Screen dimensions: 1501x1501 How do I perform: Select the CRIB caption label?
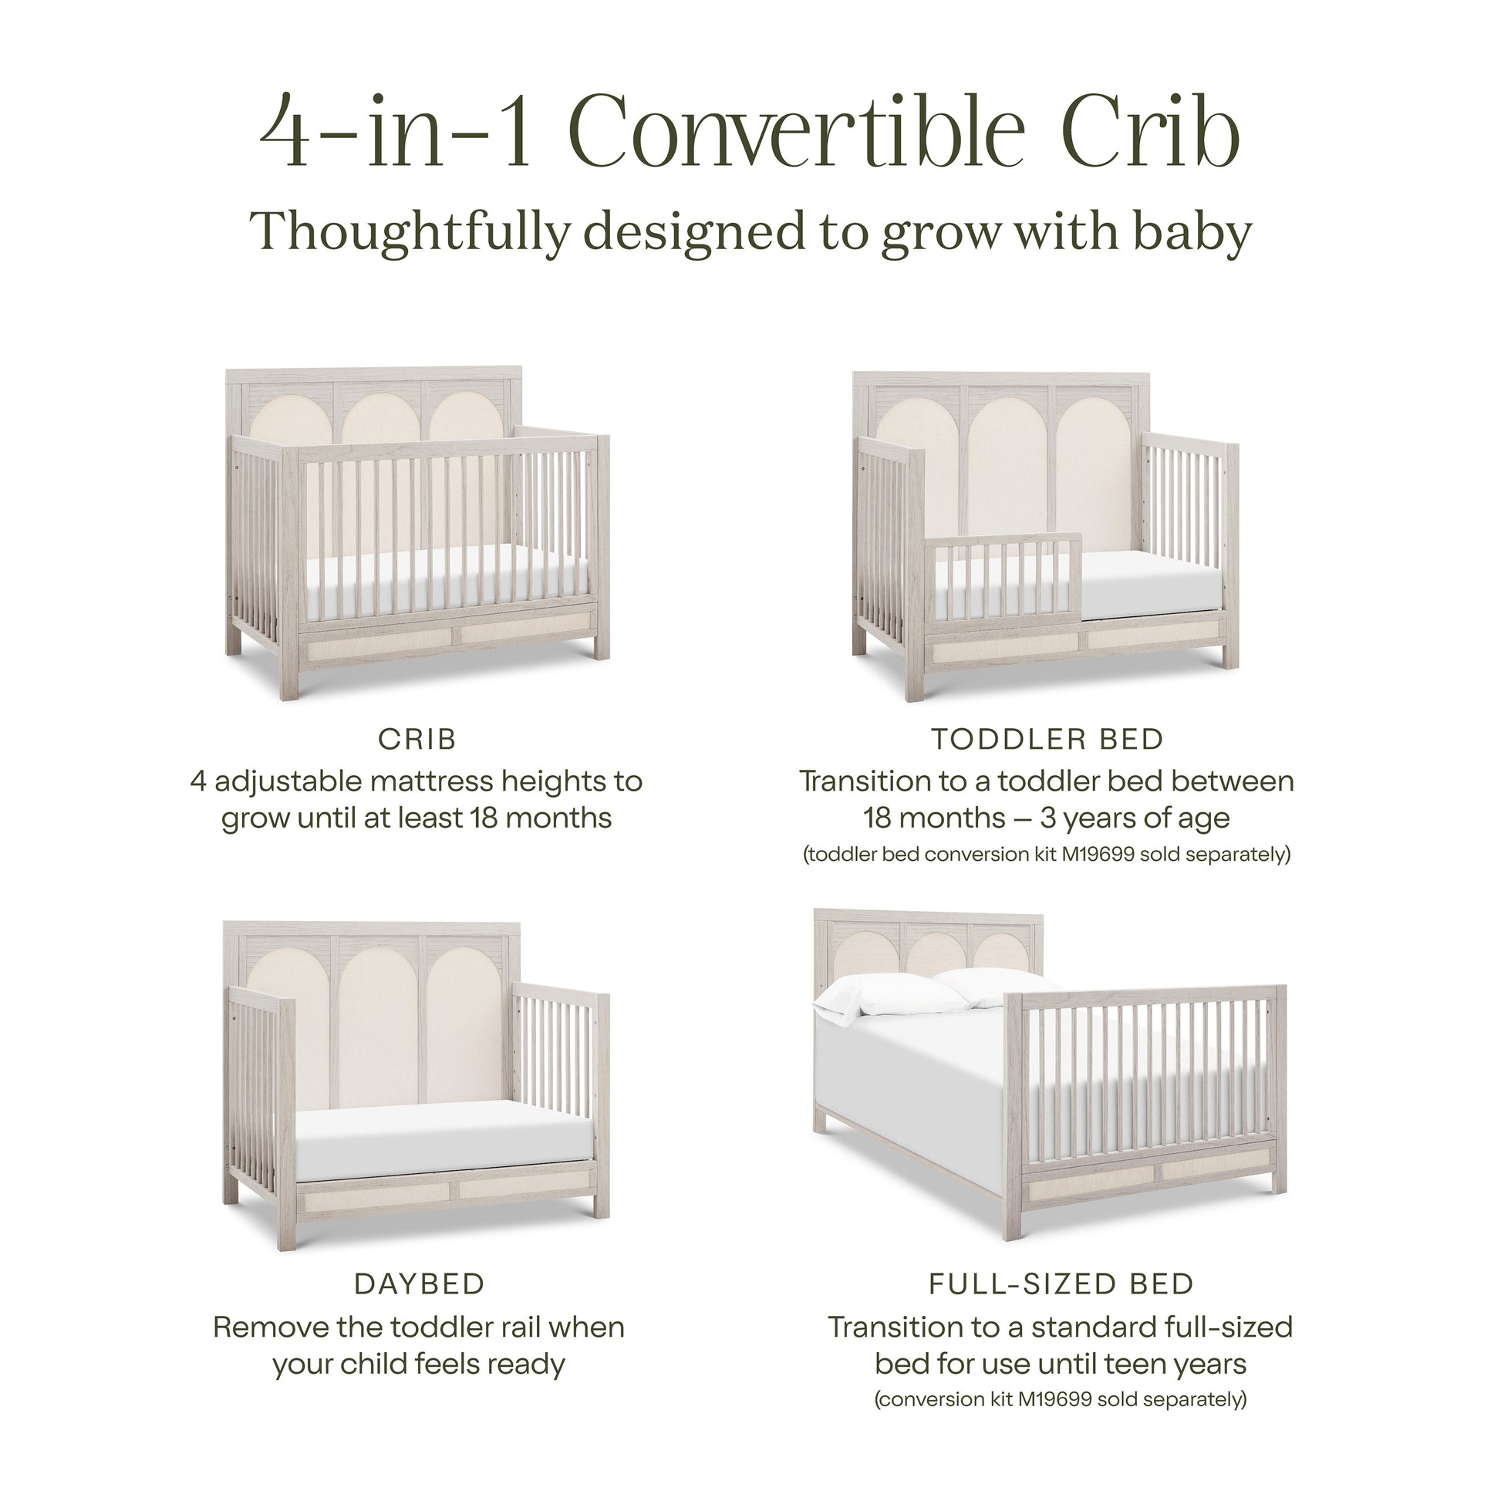tap(417, 739)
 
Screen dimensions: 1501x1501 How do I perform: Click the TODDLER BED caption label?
tap(1047, 739)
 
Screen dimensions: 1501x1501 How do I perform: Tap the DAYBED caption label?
tap(420, 1284)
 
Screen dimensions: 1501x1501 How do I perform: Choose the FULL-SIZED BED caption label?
tap(1061, 1284)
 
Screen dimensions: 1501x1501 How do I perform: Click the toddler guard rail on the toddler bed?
tap(1005, 578)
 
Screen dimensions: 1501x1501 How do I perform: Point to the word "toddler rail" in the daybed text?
tap(463, 1327)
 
